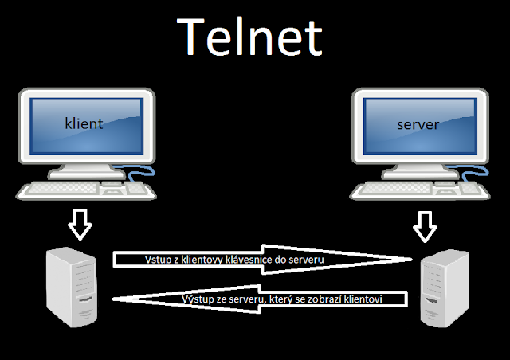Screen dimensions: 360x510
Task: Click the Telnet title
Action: pyautogui.click(x=249, y=37)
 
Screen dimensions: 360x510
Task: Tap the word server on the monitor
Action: pyautogui.click(x=418, y=125)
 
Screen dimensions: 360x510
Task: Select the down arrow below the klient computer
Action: pyautogui.click(x=80, y=225)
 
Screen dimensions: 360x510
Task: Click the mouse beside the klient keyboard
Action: pyautogui.click(x=138, y=189)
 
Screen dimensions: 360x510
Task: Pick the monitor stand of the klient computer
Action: pyautogui.click(x=84, y=170)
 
